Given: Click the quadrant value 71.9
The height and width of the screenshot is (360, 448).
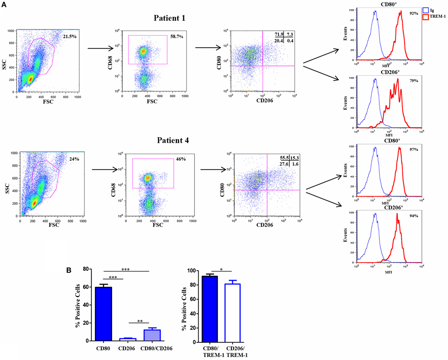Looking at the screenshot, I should coord(279,34).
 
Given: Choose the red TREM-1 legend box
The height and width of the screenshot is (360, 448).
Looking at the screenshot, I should coord(427,17).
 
